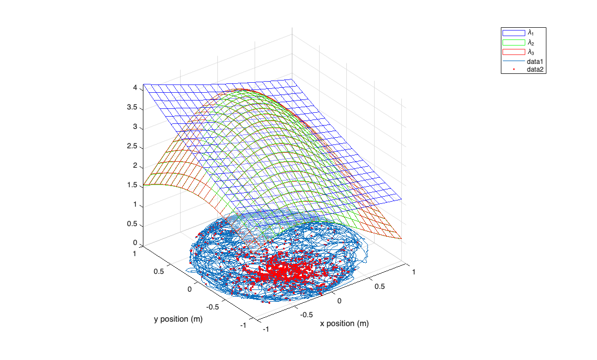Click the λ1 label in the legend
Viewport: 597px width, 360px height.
[x=530, y=33]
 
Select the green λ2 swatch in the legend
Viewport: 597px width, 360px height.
[x=514, y=42]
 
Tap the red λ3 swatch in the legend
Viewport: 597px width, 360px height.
[x=514, y=52]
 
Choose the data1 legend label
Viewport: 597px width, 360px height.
[x=535, y=61]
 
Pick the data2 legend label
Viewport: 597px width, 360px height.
[x=535, y=69]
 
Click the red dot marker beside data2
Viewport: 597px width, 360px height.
[x=514, y=69]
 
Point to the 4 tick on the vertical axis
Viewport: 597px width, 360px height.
[x=135, y=87]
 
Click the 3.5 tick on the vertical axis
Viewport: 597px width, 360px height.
[x=131, y=107]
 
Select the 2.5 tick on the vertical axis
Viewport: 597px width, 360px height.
[x=131, y=146]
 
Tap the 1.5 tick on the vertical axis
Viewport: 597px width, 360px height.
[x=131, y=185]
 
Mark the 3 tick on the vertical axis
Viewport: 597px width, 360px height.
[x=135, y=127]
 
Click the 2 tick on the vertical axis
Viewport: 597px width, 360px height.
[x=135, y=166]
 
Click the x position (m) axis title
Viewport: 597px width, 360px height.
[x=344, y=323]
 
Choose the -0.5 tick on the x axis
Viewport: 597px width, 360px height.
[x=306, y=314]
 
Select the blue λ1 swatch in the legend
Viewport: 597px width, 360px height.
[x=514, y=33]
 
